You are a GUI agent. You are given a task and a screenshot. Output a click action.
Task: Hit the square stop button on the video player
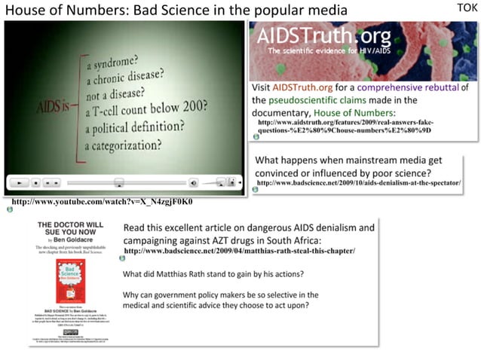[36, 182]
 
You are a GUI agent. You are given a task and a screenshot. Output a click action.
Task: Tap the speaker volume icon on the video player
[193, 182]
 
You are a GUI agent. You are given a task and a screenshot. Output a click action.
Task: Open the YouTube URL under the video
[103, 203]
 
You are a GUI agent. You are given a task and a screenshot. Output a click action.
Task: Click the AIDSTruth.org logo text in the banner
[323, 37]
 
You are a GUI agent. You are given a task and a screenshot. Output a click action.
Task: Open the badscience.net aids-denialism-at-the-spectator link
[359, 183]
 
